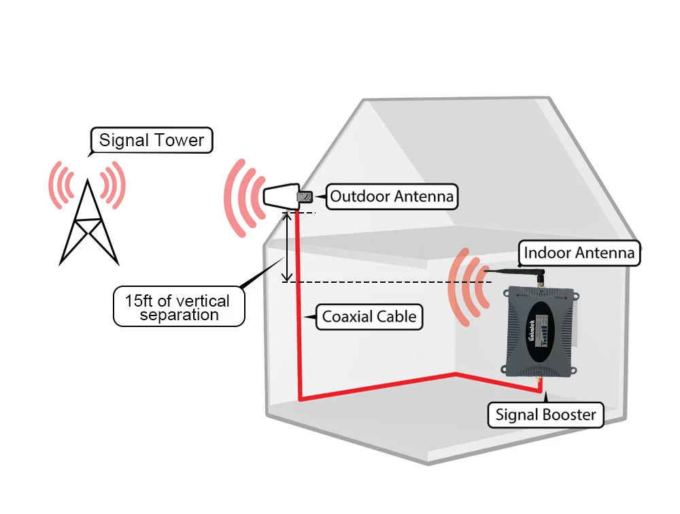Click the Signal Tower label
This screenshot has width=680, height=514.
pos(152,141)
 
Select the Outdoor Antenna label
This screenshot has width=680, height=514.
pos(391,197)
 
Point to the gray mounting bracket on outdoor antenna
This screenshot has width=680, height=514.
pos(305,197)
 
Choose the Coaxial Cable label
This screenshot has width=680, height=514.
pos(369,316)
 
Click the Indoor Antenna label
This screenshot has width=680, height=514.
pos(579,254)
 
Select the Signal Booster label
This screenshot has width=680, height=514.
pos(545,414)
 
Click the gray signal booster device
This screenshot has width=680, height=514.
pos(544,333)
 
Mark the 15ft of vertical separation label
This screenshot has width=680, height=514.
pos(178,307)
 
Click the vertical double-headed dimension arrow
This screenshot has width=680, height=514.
pos(288,246)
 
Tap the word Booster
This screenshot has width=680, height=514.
pos(569,414)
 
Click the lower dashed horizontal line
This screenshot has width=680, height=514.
pos(381,281)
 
